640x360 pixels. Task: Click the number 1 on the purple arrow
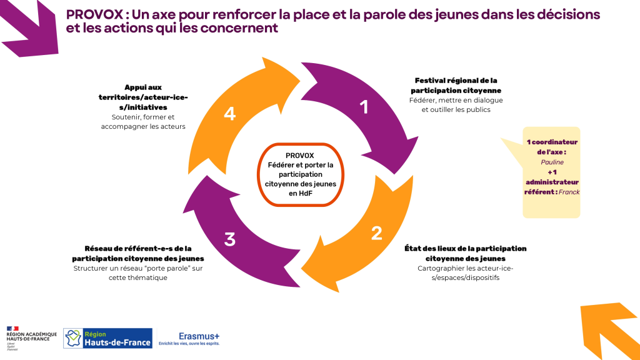[363, 107]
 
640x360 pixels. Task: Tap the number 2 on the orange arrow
[376, 233]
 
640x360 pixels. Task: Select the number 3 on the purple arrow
[230, 239]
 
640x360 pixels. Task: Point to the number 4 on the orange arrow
[230, 114]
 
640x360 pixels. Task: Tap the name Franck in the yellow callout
[569, 192]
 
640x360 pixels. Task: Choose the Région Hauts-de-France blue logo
[107, 338]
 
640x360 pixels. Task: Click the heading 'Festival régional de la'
[456, 81]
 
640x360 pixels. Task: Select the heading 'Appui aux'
[143, 88]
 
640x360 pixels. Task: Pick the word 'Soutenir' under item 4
[126, 117]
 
